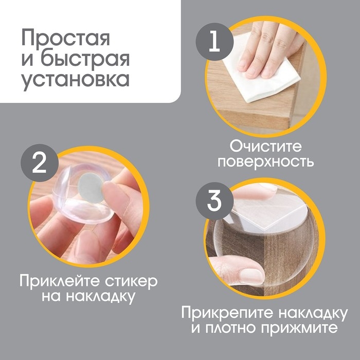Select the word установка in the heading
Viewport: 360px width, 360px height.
(x=75, y=81)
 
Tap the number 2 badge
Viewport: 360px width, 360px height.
(x=38, y=164)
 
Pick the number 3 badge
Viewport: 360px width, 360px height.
(x=213, y=202)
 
